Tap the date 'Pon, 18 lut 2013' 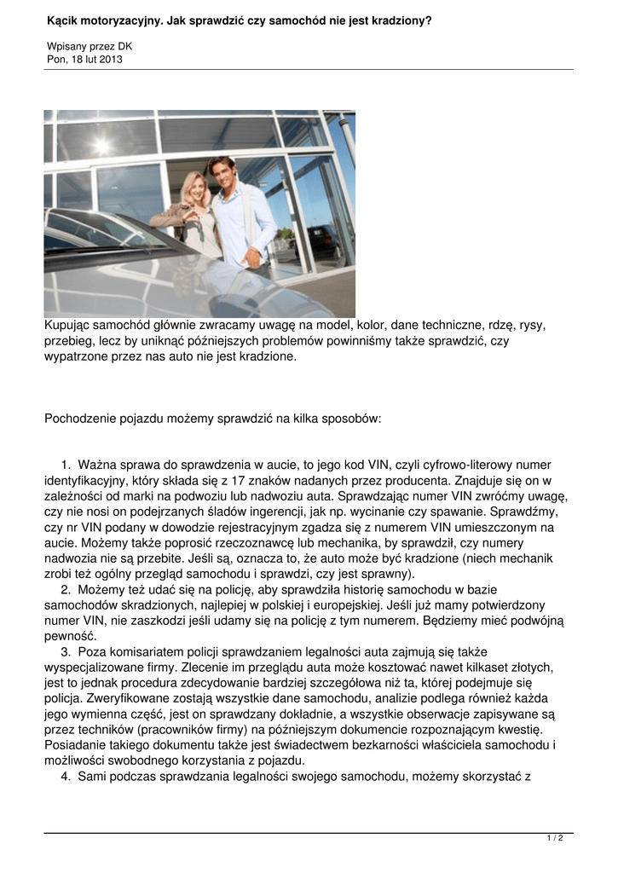[84, 59]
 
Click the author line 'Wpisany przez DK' [90, 46]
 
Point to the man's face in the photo [222, 173]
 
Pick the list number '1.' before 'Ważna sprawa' [66, 465]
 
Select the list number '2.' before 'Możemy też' [66, 589]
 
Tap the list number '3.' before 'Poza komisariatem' [66, 652]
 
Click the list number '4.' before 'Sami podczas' [66, 777]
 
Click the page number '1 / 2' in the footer [555, 839]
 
